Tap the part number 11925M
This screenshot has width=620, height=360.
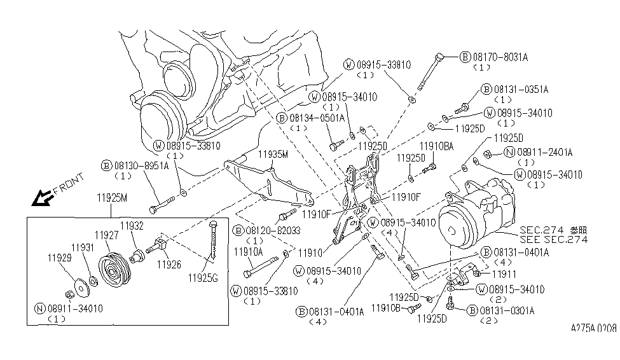pyautogui.click(x=111, y=197)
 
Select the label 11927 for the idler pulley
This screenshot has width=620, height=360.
pyautogui.click(x=106, y=235)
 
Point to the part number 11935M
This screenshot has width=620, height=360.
pyautogui.click(x=272, y=154)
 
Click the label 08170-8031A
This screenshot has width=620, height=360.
pyautogui.click(x=500, y=57)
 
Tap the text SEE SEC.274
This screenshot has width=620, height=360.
pyautogui.click(x=553, y=239)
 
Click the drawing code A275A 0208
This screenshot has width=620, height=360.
pyautogui.click(x=593, y=330)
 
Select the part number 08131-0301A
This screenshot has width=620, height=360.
pyautogui.click(x=506, y=310)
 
